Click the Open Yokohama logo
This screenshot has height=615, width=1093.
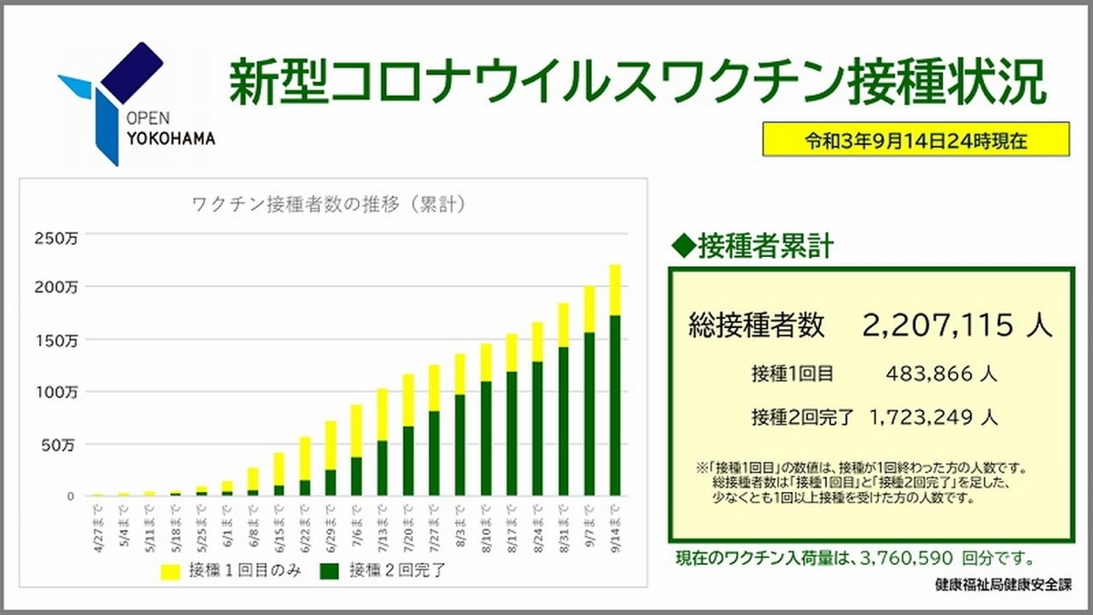[135, 103]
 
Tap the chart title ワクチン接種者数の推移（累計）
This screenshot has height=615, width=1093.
[330, 204]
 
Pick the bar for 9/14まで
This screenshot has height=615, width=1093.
[615, 383]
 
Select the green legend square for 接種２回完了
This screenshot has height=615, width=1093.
[330, 571]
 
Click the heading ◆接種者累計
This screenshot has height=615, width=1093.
[751, 247]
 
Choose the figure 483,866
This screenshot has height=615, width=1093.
[926, 373]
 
